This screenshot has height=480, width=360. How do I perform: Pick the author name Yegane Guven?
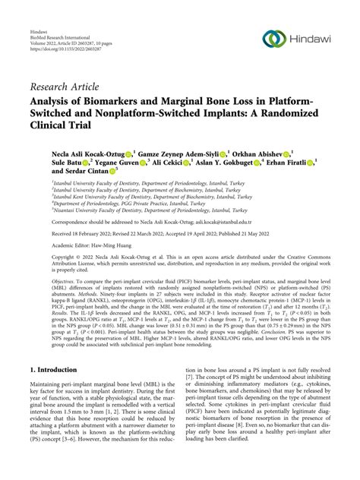[x=118, y=163]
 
